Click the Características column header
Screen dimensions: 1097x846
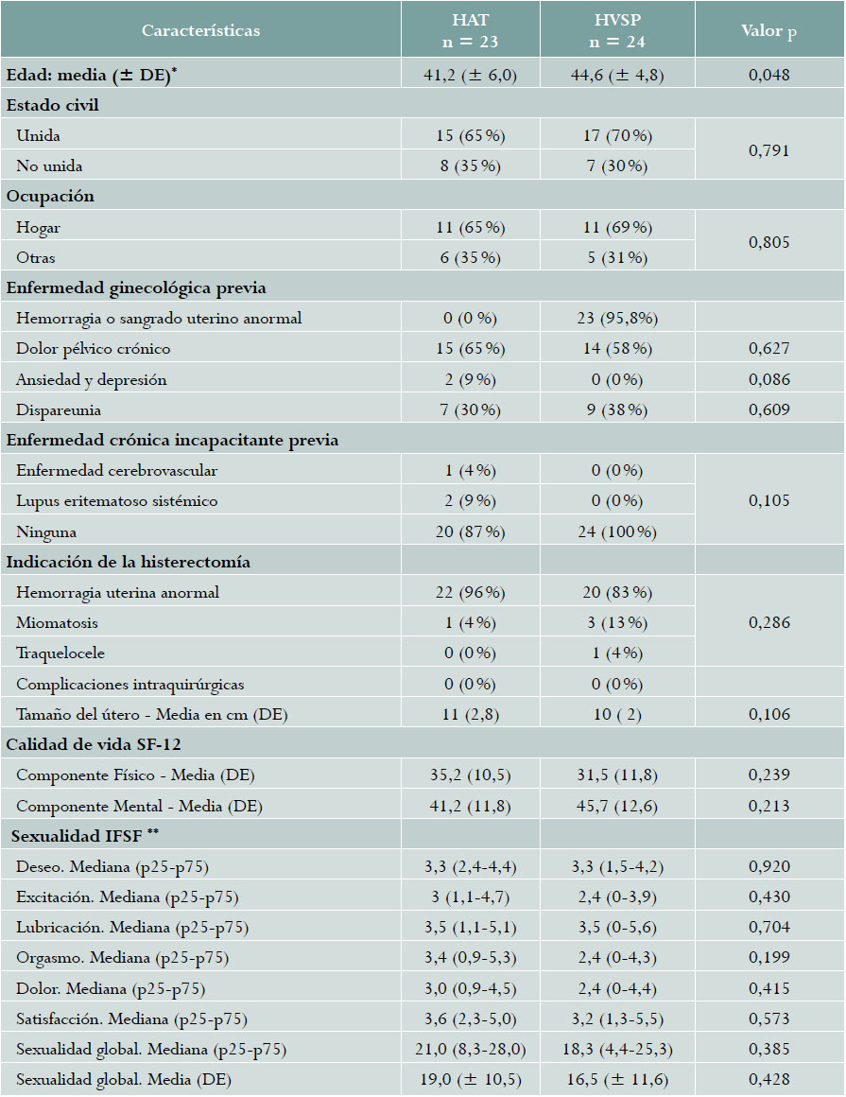point(200,30)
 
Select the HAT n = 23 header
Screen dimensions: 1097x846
point(471,30)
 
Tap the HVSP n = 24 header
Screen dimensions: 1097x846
point(617,30)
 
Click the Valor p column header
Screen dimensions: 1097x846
point(768,30)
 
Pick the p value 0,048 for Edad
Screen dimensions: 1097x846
point(768,75)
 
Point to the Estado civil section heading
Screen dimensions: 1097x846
point(53,105)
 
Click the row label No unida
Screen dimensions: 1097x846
point(49,165)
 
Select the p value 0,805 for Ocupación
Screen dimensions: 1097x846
point(768,243)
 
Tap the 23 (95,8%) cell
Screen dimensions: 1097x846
point(617,319)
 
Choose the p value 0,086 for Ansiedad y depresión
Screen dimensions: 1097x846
point(768,379)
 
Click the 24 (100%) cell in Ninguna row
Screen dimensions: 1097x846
point(617,531)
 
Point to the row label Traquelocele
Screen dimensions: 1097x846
point(59,653)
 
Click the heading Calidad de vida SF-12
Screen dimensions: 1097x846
point(81,745)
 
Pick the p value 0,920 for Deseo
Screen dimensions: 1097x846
point(768,866)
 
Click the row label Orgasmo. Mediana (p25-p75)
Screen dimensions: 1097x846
point(122,958)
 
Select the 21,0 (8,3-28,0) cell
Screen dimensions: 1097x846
point(471,1050)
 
